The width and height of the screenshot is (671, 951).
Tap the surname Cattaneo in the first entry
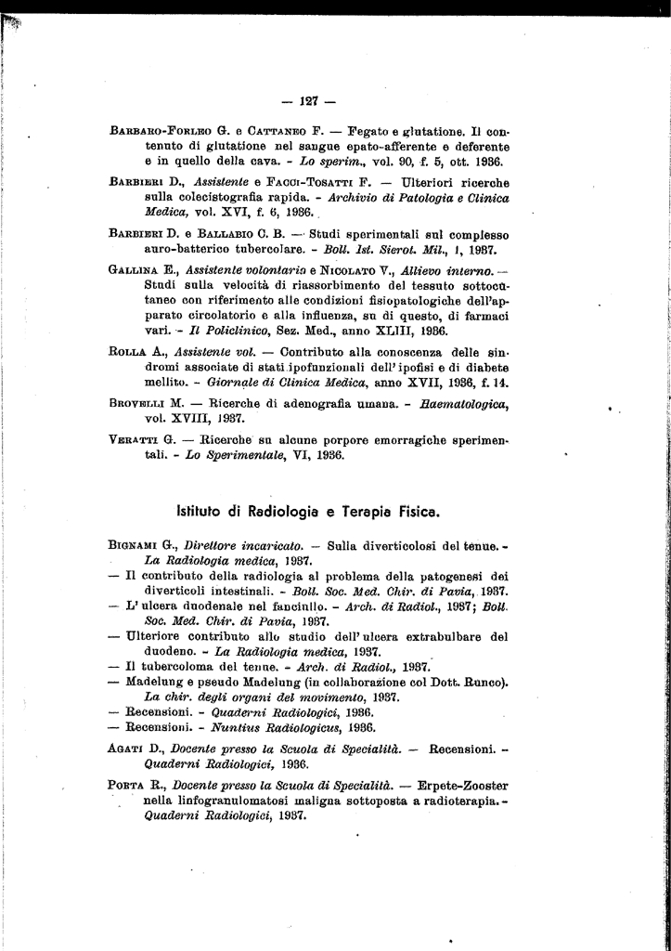coord(277,132)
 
